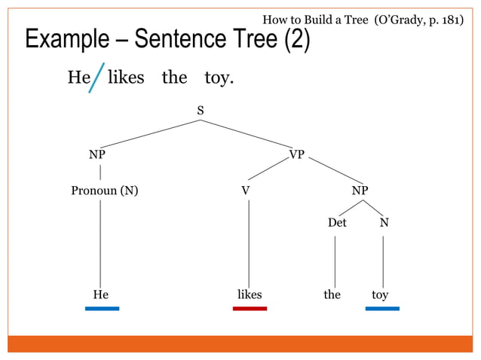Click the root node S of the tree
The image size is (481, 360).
click(201, 111)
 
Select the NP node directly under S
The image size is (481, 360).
click(97, 154)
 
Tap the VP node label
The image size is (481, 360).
click(297, 154)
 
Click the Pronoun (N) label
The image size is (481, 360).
click(104, 191)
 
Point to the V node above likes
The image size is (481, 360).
click(246, 191)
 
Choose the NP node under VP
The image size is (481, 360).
click(360, 191)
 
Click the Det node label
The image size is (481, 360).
click(337, 224)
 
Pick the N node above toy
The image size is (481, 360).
click(384, 224)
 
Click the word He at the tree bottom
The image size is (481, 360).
click(100, 294)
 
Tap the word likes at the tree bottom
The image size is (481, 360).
click(250, 294)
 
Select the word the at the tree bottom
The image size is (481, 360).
click(332, 294)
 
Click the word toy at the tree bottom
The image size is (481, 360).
click(380, 294)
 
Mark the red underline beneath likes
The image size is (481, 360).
click(250, 308)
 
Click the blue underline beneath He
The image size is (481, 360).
click(102, 308)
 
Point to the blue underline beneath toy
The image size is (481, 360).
click(382, 308)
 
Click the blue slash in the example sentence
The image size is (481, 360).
click(96, 78)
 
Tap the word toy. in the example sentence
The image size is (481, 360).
click(219, 78)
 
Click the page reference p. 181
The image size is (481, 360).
click(443, 19)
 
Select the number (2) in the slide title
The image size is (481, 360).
click(296, 39)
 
